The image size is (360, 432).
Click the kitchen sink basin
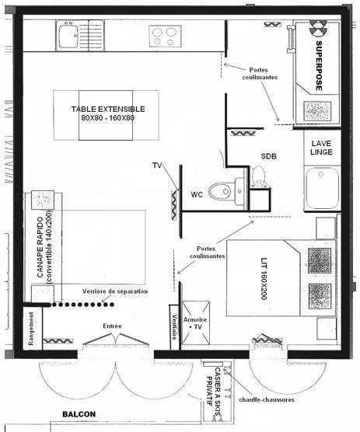coord(68,36)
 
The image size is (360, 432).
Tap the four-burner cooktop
coord(165,36)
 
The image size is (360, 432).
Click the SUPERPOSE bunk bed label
coord(319,66)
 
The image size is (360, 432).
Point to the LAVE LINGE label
coord(321,148)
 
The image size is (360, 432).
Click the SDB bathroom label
coord(269,156)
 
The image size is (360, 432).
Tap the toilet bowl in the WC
coord(220,191)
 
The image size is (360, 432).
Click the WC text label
coord(197,194)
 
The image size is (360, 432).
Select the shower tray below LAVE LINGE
coord(322,188)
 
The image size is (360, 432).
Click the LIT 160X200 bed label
coord(264,278)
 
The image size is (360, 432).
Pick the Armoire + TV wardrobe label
coord(195,323)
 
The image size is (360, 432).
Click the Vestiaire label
coord(174,327)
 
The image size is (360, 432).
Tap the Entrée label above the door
coord(112,326)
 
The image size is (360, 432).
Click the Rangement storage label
coord(31,329)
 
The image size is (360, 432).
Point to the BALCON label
coord(79,414)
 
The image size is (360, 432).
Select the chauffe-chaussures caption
coord(267,399)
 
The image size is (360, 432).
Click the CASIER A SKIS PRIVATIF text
coord(213,392)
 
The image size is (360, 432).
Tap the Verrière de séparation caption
coord(115,291)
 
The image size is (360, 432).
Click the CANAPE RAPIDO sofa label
coord(44,247)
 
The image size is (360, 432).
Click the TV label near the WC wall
coord(157,165)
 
